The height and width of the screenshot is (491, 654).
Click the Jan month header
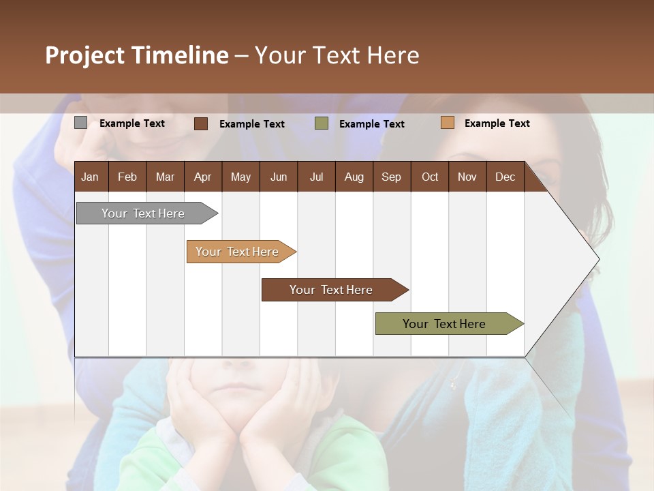[x=90, y=177]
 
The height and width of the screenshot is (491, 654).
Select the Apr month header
[x=202, y=177]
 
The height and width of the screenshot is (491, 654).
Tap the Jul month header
[x=316, y=177]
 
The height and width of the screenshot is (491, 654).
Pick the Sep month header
[x=391, y=177]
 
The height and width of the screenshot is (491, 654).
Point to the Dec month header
[x=505, y=177]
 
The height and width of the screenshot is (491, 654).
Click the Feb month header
[x=127, y=177]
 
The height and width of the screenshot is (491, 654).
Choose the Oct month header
[x=430, y=177]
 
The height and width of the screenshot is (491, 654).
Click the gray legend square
[x=80, y=123]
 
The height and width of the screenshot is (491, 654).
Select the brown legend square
[x=201, y=123]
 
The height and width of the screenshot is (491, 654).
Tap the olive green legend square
[x=322, y=123]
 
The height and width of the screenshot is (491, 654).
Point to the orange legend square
[x=447, y=123]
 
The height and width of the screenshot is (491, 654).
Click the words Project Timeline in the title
[x=137, y=55]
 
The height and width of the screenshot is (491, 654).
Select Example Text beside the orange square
[x=497, y=123]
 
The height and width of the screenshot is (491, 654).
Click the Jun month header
[x=279, y=177]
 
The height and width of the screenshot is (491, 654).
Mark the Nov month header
[x=467, y=177]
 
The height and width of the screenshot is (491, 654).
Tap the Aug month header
[x=354, y=177]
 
